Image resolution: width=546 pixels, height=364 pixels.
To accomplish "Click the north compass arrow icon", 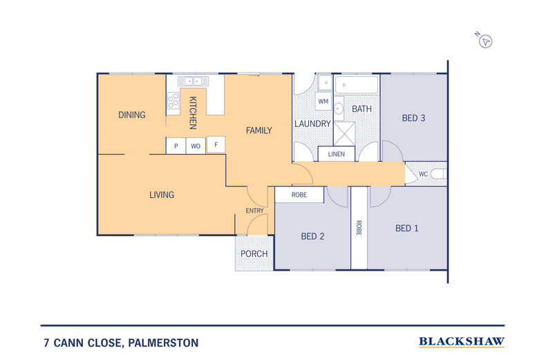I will coord(487,41).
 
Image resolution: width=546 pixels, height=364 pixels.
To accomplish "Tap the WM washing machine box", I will coord(323,102).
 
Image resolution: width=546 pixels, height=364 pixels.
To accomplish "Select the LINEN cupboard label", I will coord(337,154).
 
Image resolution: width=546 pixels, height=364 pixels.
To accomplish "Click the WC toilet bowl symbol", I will coord(437,174).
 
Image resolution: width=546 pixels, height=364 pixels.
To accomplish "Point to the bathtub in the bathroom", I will coord(357,85).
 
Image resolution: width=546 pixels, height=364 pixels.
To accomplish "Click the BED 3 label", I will coord(413,118).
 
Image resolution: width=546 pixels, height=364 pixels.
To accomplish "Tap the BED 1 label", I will coord(406,229).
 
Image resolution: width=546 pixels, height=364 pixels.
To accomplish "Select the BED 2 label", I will coord(312,236).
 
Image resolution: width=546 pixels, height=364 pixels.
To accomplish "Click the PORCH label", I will coord(254,253).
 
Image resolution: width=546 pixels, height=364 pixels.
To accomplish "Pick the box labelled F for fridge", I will coord(216,145).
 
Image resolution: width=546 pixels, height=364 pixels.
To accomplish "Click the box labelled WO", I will coord(196,146).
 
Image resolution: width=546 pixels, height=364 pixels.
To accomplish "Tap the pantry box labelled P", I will coord(176,146).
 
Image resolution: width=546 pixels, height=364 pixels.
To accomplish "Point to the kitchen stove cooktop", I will coord(173,103).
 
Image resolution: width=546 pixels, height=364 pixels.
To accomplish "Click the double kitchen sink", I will coord(192,82).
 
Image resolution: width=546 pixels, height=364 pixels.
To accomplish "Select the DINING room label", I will coord(131,115).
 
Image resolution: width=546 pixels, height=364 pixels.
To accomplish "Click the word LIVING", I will coord(162,195).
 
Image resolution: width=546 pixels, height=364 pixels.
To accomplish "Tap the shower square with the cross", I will coord(346,132).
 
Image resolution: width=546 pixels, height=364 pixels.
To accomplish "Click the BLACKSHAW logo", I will coord(461,341).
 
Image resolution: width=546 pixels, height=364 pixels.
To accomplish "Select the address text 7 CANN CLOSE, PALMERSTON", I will coord(120,342).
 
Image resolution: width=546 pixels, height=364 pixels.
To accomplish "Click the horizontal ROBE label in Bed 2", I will coord(299,195).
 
